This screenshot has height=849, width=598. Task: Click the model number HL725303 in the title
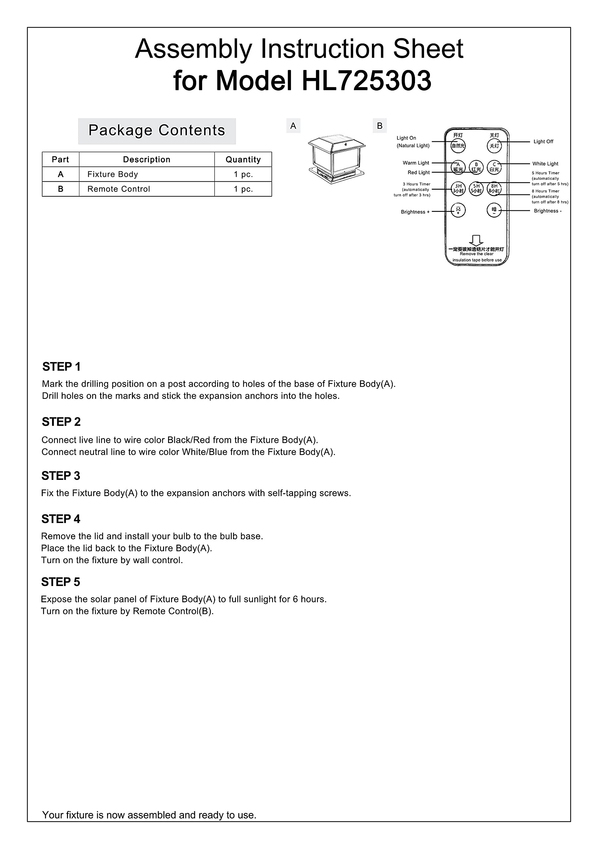click(x=366, y=81)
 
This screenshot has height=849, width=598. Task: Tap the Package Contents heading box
click(x=157, y=131)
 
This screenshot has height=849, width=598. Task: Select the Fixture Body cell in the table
click(x=147, y=174)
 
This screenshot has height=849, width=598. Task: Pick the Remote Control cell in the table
click(x=147, y=189)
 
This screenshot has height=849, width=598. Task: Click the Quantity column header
click(x=243, y=160)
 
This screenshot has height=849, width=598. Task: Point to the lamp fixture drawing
click(x=337, y=159)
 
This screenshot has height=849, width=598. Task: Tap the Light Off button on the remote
click(x=494, y=146)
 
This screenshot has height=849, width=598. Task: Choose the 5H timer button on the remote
click(x=476, y=189)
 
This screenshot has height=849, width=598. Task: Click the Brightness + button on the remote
click(x=458, y=210)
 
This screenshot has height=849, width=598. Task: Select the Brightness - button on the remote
click(x=494, y=210)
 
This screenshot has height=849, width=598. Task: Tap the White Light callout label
click(x=545, y=163)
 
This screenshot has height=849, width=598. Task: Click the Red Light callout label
click(x=418, y=172)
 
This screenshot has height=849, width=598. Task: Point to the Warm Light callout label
click(x=416, y=163)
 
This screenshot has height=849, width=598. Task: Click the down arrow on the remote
click(x=476, y=240)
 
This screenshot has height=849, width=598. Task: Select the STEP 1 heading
click(x=61, y=366)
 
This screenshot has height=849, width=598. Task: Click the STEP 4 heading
click(x=61, y=519)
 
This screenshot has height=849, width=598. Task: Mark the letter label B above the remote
click(x=380, y=126)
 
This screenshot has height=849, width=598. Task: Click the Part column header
click(x=60, y=160)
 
